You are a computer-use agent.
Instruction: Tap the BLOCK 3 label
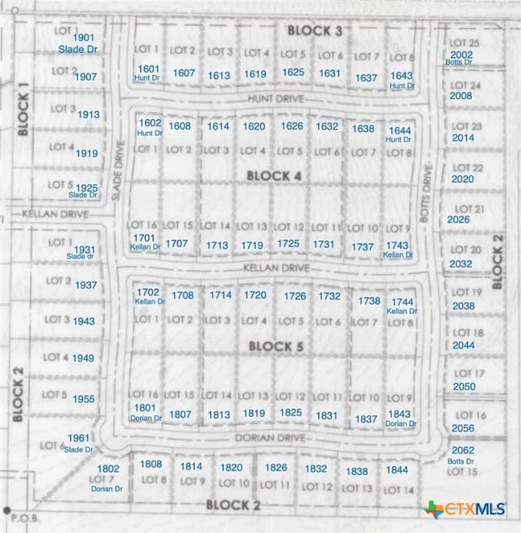(x=315, y=30)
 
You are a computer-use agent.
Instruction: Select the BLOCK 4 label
(x=274, y=176)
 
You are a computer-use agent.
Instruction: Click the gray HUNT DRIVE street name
(x=276, y=99)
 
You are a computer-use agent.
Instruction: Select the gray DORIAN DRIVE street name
(x=270, y=438)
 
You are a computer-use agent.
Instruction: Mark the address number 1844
(x=397, y=470)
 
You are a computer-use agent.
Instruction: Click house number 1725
(x=288, y=244)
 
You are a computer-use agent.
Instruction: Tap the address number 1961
(x=78, y=438)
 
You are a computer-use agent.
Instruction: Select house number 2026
(x=459, y=220)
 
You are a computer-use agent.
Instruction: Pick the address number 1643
(x=401, y=76)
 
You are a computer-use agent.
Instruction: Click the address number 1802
(x=108, y=468)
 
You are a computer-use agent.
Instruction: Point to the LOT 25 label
(x=464, y=43)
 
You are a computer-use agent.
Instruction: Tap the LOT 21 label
(x=470, y=209)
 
